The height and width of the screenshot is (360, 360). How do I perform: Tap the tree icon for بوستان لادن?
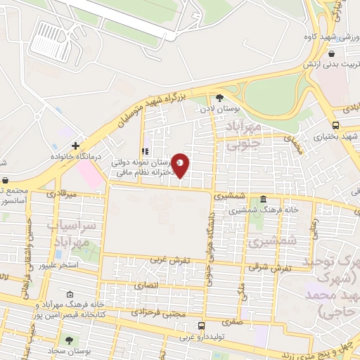[219, 98]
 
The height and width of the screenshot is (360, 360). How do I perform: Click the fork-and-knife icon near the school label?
[144, 150]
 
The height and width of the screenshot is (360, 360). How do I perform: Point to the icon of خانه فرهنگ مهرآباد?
[69, 295]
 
